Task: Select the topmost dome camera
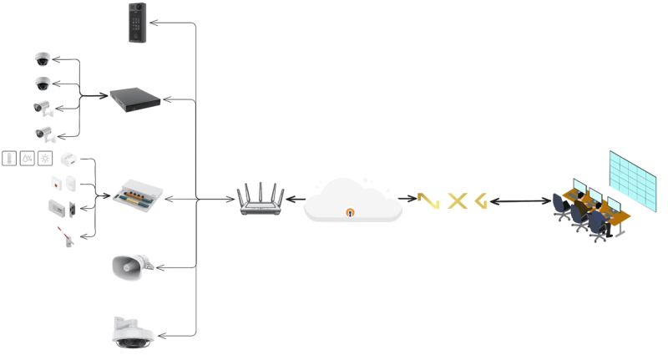43,59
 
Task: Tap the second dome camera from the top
43,84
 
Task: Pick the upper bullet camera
43,108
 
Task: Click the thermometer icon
9,158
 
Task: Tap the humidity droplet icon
28,158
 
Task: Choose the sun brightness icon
45,158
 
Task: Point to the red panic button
58,183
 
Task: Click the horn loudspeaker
130,266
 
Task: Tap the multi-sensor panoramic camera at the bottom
134,332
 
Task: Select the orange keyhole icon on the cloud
351,212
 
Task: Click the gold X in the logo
456,200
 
